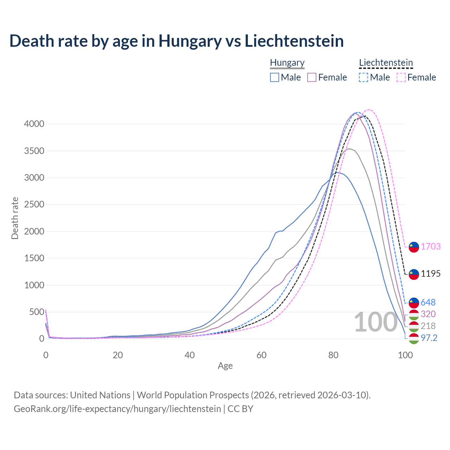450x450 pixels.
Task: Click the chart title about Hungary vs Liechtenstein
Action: [176, 41]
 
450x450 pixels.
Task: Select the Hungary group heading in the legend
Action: [287, 63]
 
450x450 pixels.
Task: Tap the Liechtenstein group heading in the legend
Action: [386, 63]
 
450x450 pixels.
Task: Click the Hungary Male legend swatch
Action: [275, 77]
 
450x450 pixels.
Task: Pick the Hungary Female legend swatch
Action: [312, 77]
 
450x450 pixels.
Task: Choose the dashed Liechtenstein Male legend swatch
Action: [364, 77]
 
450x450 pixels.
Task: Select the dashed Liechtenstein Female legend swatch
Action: [401, 77]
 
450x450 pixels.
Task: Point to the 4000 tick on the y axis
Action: [34, 124]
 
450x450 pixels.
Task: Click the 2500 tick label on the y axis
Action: [34, 204]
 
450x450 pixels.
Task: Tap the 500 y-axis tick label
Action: [37, 312]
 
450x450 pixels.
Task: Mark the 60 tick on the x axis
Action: [262, 355]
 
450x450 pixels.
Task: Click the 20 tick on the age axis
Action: [118, 355]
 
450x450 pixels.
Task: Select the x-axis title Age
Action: [225, 366]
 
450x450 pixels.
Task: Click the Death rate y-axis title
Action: [15, 218]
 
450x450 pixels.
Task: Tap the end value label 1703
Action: [431, 246]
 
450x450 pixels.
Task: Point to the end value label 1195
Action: [431, 274]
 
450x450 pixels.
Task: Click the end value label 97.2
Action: [429, 338]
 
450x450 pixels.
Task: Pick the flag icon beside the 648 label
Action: [414, 302]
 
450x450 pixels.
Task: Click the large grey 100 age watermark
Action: [375, 322]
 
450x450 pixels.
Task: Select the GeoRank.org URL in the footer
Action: [117, 409]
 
